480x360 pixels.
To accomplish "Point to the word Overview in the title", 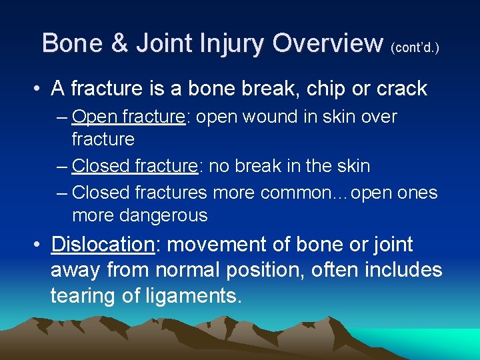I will pyautogui.click(x=327, y=43).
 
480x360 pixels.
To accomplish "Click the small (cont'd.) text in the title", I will pyautogui.click(x=415, y=47).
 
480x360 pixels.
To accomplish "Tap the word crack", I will pyautogui.click(x=399, y=89).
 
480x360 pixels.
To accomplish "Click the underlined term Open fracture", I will pyautogui.click(x=128, y=117).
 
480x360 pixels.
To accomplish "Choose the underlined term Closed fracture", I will pyautogui.click(x=135, y=166).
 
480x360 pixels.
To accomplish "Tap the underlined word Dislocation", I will pyautogui.click(x=103, y=245).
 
